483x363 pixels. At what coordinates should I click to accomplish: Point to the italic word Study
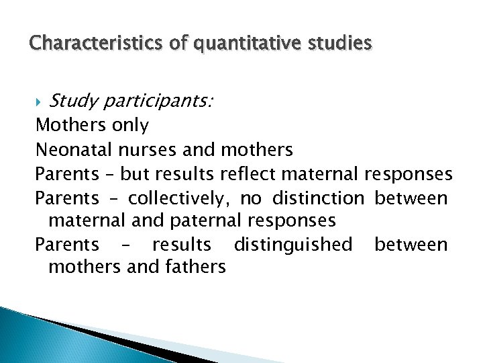coord(73,102)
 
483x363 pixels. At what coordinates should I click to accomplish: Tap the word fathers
coord(193,267)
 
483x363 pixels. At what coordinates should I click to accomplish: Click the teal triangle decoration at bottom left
coord(27,336)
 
